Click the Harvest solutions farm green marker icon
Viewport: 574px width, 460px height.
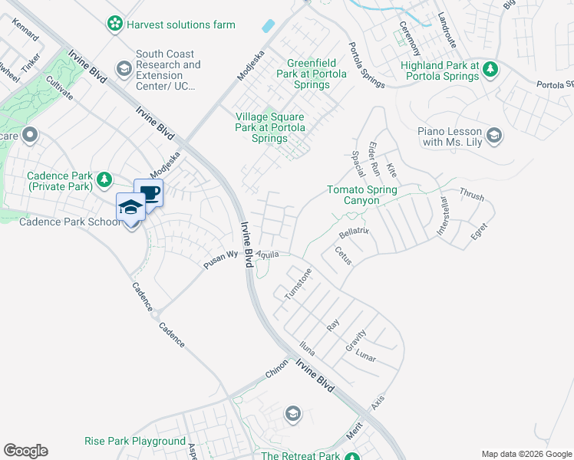point(115,25)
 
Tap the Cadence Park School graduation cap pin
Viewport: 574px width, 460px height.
point(130,208)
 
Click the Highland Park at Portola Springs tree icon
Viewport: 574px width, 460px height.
point(490,71)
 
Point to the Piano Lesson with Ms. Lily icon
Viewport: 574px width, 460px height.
point(494,136)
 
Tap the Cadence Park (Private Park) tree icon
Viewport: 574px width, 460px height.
point(104,180)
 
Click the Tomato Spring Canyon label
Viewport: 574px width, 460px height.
point(361,195)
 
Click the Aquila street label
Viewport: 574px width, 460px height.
point(268,254)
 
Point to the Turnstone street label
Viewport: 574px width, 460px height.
point(298,284)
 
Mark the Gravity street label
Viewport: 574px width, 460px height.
point(355,340)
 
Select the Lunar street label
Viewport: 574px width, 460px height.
point(365,357)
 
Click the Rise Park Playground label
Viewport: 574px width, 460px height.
point(135,442)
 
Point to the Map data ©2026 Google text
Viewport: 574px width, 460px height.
point(526,454)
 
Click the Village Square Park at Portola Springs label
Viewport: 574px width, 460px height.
point(270,127)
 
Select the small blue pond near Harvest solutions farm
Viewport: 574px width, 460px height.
point(268,25)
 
